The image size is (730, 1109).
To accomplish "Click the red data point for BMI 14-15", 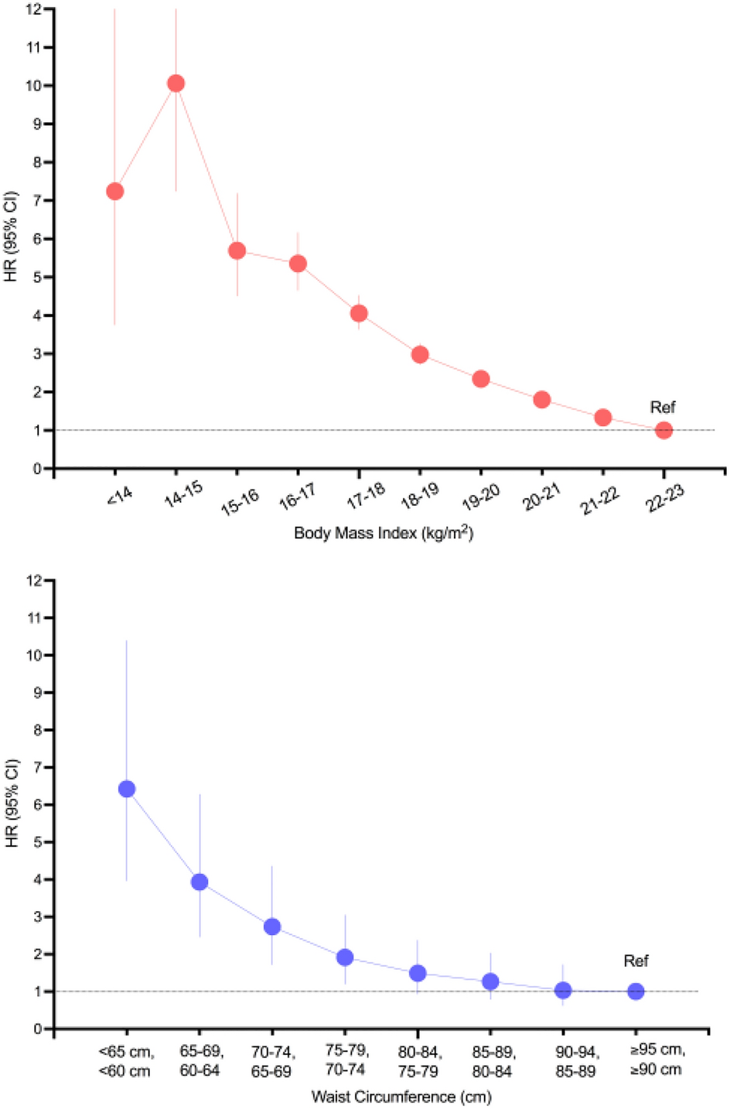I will click(x=176, y=84).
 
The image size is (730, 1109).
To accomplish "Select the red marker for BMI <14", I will click(x=114, y=191).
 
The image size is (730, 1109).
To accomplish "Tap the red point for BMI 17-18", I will click(x=359, y=313).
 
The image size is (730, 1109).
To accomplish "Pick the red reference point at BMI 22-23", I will click(x=663, y=430).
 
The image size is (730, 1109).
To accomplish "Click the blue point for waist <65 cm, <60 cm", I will click(x=127, y=789).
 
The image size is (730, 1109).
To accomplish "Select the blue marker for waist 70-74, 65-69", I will click(x=272, y=926).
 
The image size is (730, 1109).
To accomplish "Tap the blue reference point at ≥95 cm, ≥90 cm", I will click(x=636, y=991).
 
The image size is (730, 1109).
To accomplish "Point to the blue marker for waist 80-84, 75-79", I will click(x=418, y=973).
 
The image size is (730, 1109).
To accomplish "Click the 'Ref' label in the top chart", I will click(x=663, y=408).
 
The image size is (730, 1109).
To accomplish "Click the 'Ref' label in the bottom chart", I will click(x=636, y=961).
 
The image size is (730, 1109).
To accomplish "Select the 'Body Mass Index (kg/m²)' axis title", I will click(x=384, y=533).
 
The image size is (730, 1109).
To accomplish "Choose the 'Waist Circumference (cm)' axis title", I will click(x=401, y=1097).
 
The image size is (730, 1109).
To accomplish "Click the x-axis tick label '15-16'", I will click(x=240, y=500).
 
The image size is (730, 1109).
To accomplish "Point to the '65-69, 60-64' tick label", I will click(x=200, y=1061).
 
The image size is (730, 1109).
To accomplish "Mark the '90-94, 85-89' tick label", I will click(x=576, y=1061).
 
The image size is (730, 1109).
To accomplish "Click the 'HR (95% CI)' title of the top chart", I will click(x=11, y=235).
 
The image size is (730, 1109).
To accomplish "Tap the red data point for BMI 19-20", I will click(x=481, y=379).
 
